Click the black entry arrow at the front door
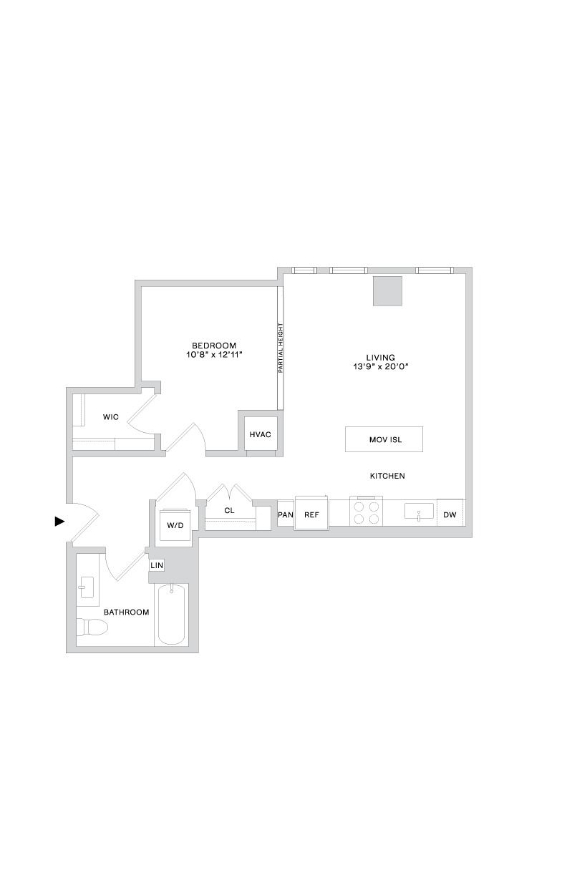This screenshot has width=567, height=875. click(59, 521)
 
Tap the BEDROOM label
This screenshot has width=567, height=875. click(214, 346)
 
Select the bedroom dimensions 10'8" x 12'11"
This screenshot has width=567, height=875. click(215, 355)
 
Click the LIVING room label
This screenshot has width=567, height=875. click(381, 357)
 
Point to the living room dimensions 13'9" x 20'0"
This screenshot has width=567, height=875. click(381, 366)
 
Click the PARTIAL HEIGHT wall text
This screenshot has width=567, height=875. click(280, 348)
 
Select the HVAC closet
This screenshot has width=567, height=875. click(261, 434)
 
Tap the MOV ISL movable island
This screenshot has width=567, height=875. click(384, 439)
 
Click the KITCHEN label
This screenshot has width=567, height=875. click(387, 476)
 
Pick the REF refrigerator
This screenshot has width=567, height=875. click(311, 513)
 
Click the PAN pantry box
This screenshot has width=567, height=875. click(286, 513)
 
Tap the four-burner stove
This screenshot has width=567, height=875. click(366, 512)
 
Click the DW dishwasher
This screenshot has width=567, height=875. click(450, 512)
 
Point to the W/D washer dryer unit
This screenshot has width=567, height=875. click(175, 525)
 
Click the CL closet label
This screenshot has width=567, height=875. click(229, 510)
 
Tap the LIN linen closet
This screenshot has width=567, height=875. click(157, 564)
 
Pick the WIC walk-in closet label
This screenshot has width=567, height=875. click(110, 417)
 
